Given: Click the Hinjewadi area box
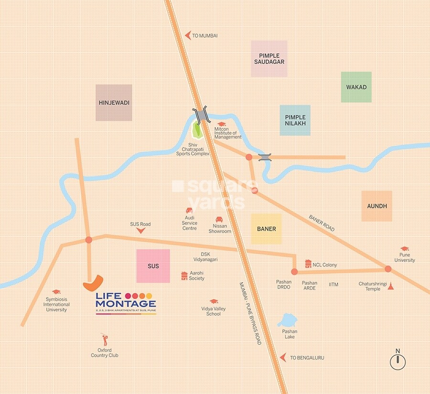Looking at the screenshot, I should point(114,103).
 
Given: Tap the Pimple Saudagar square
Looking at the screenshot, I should point(269,59).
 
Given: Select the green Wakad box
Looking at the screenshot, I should point(356,87).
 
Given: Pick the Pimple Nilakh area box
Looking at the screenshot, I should point(295,120).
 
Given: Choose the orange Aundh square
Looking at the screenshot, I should point(376,206).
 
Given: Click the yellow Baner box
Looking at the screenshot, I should point(266,229).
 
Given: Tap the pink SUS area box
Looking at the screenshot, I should point(153,266).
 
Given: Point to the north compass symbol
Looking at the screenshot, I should point(397,362).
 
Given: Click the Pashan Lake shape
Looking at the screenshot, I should point(288,320).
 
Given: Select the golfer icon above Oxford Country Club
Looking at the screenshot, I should point(105,340).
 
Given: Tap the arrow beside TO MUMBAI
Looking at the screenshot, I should point(187,35).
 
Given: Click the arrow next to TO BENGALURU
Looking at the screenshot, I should point(284,357).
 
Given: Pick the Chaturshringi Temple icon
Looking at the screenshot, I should point(390,286).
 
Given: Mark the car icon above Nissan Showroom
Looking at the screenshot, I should point(219,219).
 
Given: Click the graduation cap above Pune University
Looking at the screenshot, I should point(405,249).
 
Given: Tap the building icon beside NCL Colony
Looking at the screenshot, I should point(308,264).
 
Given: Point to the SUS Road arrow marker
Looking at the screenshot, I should point(140,231).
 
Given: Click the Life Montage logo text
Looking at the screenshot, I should point(126,300).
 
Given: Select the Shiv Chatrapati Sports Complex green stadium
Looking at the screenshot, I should point(196,130).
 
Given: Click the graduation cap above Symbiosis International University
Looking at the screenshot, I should point(56,291).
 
